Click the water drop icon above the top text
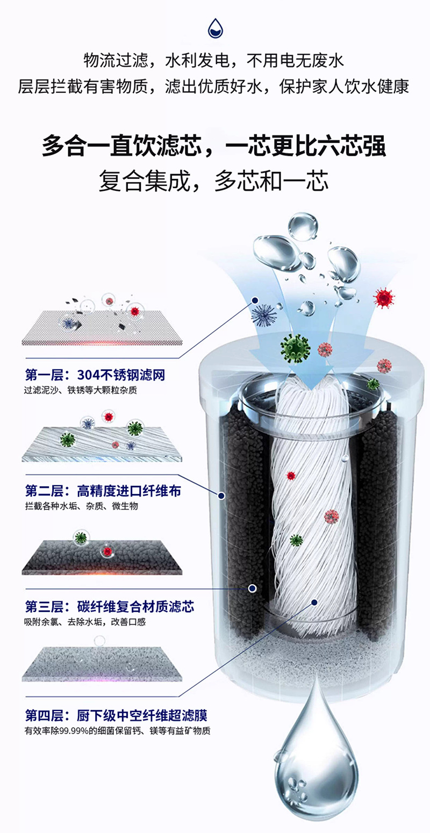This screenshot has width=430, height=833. click(x=215, y=28)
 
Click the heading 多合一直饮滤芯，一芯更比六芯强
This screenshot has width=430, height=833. click(x=215, y=146)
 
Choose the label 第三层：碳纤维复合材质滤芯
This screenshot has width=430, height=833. click(x=110, y=607)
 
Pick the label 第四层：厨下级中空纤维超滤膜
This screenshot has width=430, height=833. click(x=116, y=715)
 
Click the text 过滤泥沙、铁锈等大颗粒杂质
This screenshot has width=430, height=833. click(x=81, y=390)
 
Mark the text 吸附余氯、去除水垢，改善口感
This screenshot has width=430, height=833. click(x=85, y=622)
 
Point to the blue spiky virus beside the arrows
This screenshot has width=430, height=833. click(x=263, y=313)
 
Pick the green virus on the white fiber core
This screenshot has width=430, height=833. click(x=296, y=540)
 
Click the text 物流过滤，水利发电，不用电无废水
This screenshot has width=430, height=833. click(x=213, y=61)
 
